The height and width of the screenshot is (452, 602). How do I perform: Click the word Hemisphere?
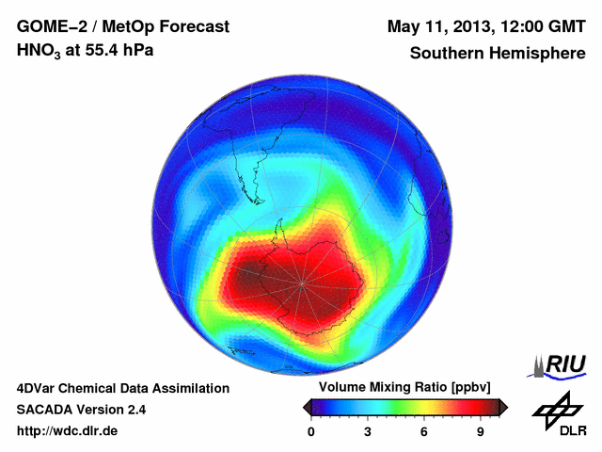click(538, 53)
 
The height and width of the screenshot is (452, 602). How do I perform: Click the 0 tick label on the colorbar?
click(311, 432)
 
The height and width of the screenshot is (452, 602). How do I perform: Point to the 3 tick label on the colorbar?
click(368, 432)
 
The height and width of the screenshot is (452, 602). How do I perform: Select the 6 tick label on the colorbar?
click(424, 432)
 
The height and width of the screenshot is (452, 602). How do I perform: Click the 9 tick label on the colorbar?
click(481, 432)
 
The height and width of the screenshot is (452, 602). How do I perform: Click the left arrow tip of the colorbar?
click(306, 407)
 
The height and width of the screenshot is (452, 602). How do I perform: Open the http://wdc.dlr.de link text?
click(68, 431)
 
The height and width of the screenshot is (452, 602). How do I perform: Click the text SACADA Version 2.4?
click(81, 410)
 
